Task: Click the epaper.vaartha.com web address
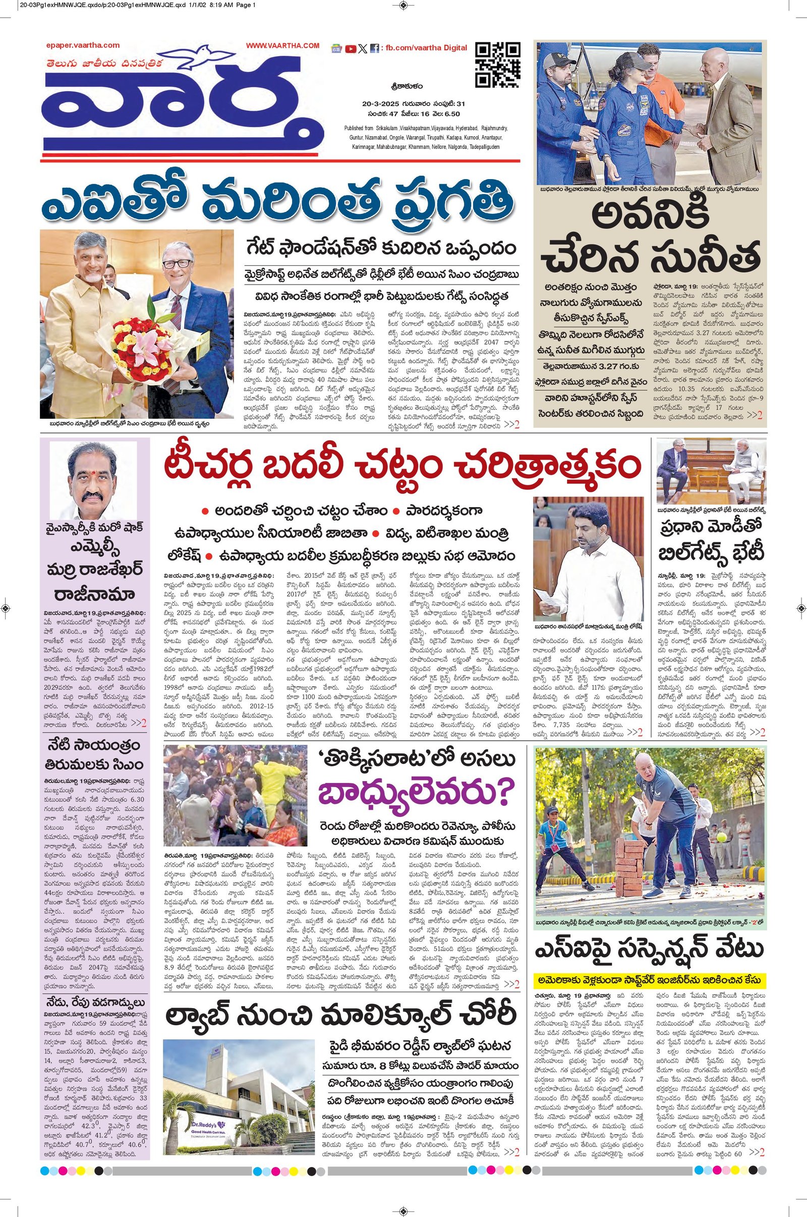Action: [x=82, y=45]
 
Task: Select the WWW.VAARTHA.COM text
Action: [x=282, y=46]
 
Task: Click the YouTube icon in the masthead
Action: [x=351, y=49]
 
